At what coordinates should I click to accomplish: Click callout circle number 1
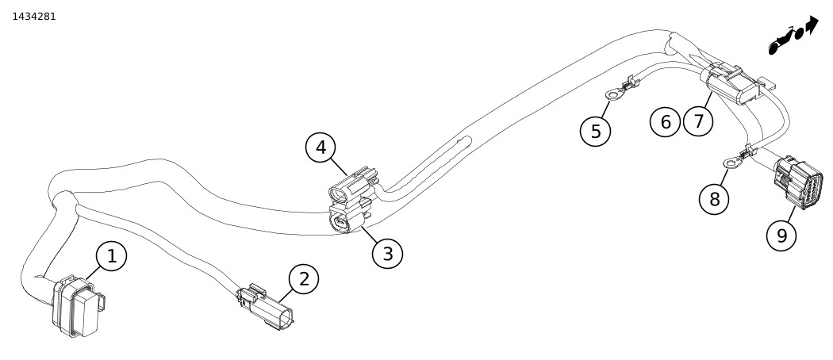(111, 256)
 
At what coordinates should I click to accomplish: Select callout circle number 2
(303, 278)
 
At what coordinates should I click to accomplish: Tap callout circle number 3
(387, 254)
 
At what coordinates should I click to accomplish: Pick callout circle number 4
(321, 147)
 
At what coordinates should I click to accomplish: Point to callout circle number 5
(595, 130)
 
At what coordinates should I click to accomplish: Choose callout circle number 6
(665, 121)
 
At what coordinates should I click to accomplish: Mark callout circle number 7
(698, 121)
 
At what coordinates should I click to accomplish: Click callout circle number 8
(714, 198)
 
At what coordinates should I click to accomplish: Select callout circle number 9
(781, 235)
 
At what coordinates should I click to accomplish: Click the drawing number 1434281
(34, 16)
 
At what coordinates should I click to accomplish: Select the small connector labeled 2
(267, 307)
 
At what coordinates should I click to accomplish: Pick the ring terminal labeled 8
(731, 164)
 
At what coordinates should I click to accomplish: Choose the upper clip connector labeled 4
(353, 186)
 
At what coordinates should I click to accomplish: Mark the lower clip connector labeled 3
(347, 220)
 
